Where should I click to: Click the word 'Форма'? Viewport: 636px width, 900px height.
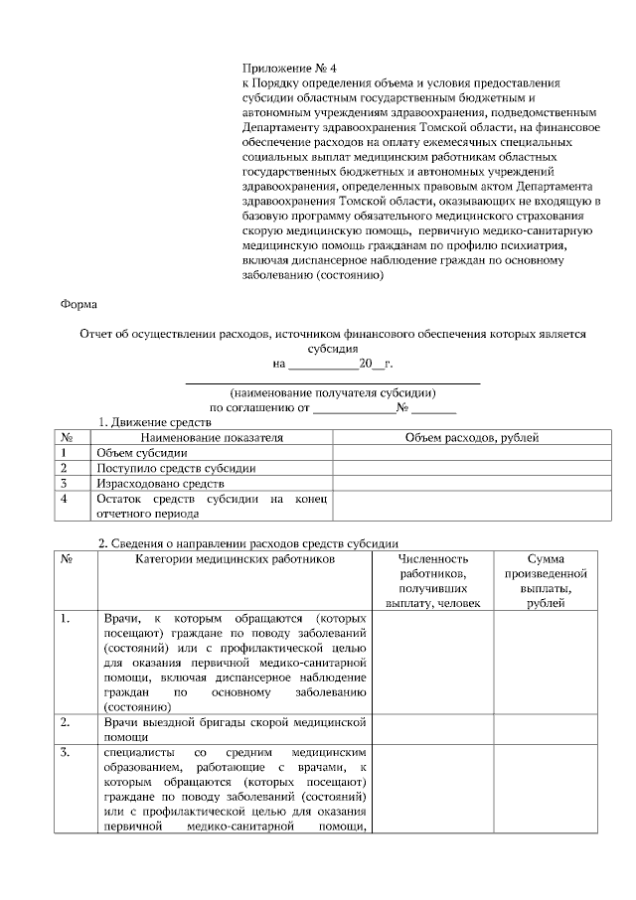79,304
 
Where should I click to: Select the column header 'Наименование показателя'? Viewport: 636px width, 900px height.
212,437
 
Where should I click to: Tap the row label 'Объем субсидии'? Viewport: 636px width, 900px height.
134,453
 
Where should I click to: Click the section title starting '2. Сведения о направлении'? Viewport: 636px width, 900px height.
247,543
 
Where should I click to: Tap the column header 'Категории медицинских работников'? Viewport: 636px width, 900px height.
235,559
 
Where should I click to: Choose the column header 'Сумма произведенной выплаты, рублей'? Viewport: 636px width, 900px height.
545,581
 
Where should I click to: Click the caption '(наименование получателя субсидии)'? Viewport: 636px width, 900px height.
332,392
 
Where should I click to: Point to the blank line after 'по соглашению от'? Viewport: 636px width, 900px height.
353,407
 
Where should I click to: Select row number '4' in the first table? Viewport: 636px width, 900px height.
64,499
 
